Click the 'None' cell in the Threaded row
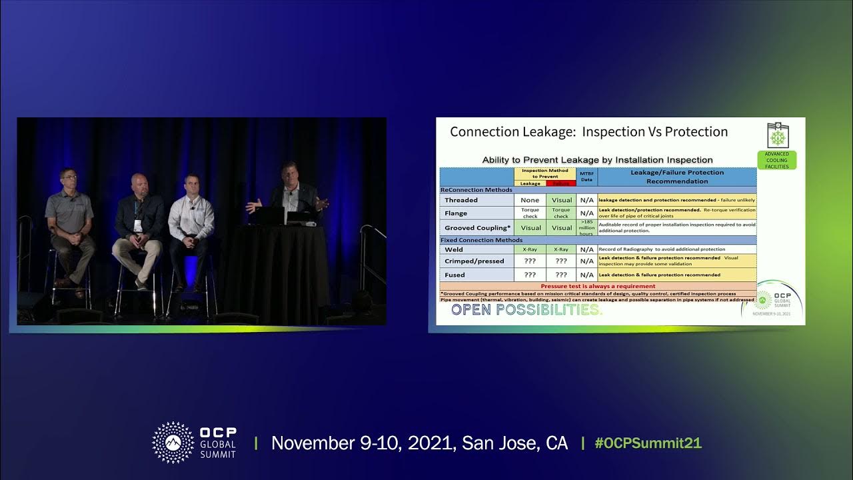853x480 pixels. point(530,200)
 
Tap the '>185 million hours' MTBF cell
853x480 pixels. point(586,228)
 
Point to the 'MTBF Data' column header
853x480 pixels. point(586,176)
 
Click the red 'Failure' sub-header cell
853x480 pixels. point(562,183)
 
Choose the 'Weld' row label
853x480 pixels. point(454,249)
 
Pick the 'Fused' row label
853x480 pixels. point(455,275)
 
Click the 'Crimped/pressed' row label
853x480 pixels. point(474,261)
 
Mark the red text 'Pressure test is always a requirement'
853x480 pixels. point(598,286)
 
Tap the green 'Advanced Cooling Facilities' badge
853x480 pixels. point(776,160)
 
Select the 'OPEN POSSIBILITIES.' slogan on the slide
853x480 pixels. point(526,310)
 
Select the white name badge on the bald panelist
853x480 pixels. point(138,225)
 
